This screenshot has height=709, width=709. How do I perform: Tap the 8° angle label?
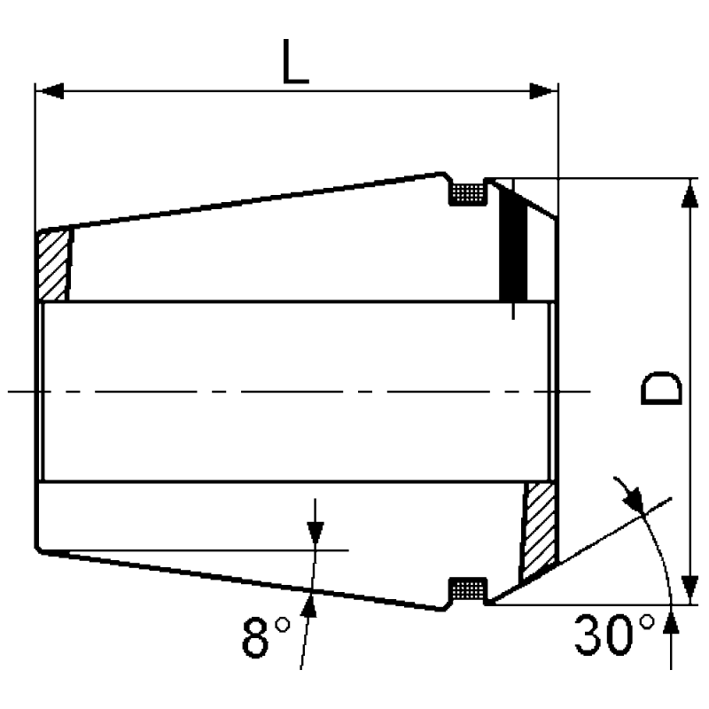[266, 636]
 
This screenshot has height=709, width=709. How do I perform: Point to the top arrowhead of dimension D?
[689, 193]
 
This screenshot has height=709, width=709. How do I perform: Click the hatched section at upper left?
[53, 264]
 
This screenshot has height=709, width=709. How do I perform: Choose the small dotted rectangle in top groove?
[467, 193]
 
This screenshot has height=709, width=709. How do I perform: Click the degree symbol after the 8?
[283, 625]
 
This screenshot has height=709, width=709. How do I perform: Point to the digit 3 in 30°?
[590, 635]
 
